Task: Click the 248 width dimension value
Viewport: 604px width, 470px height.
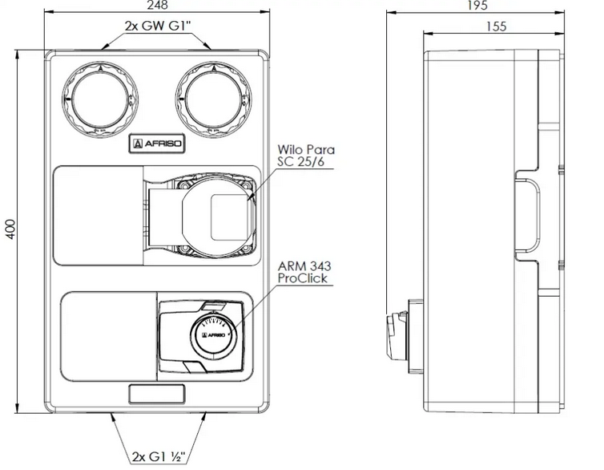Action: pyautogui.click(x=158, y=5)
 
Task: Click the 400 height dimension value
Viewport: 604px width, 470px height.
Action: pyautogui.click(x=10, y=229)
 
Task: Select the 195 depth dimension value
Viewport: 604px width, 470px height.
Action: pyautogui.click(x=477, y=5)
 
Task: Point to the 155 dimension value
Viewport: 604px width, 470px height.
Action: pyautogui.click(x=496, y=26)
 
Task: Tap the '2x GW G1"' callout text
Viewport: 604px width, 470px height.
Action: pyautogui.click(x=158, y=26)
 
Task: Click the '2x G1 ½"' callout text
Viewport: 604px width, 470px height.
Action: pyautogui.click(x=159, y=456)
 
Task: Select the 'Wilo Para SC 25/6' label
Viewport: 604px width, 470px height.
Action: pyautogui.click(x=306, y=156)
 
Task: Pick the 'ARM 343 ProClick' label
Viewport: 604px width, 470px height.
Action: pyautogui.click(x=304, y=272)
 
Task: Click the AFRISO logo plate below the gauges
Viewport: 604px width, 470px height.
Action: pyautogui.click(x=157, y=144)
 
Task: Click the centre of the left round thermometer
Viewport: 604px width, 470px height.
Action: pyautogui.click(x=100, y=99)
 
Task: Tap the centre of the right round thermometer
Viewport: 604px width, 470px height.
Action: pyautogui.click(x=213, y=99)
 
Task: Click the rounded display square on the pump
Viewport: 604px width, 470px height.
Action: pyautogui.click(x=230, y=217)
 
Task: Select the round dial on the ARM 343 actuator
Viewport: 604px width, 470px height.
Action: pyautogui.click(x=213, y=334)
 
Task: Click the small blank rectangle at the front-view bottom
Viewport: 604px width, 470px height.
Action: pyautogui.click(x=157, y=394)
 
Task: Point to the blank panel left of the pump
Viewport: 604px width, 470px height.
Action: pyautogui.click(x=99, y=216)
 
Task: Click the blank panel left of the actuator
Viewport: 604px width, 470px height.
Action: pyautogui.click(x=109, y=337)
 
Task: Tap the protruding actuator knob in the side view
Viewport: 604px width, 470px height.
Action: pyautogui.click(x=397, y=334)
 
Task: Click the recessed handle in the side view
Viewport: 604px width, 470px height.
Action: pyautogui.click(x=527, y=216)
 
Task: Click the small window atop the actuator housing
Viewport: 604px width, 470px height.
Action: pyautogui.click(x=212, y=306)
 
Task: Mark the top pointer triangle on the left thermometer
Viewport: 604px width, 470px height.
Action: pyautogui.click(x=100, y=69)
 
